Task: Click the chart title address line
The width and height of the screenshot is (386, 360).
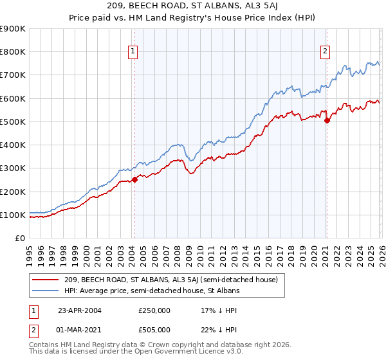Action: (192, 6)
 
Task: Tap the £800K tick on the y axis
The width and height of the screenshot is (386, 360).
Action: (13, 52)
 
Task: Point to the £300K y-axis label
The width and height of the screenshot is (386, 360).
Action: (13, 168)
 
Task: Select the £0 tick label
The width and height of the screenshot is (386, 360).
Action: (19, 238)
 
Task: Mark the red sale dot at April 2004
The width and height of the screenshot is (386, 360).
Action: (134, 179)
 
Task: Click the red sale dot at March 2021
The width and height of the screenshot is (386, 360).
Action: (327, 120)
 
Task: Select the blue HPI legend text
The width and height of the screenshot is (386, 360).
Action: (151, 291)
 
